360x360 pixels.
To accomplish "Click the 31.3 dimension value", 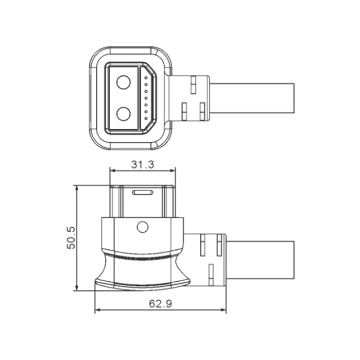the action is (x=143, y=164).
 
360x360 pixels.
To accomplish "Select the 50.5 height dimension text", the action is (x=71, y=238).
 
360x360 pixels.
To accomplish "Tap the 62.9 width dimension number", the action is (x=161, y=304).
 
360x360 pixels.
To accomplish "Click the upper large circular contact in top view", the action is (x=123, y=82).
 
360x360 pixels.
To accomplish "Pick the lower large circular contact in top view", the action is (x=123, y=114).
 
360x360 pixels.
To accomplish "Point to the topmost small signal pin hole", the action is (x=146, y=77).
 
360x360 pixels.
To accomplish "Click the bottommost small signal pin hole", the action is (x=146, y=118).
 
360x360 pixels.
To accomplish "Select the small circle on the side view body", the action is (x=143, y=227).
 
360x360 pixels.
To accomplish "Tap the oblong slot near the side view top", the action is (x=143, y=193).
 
